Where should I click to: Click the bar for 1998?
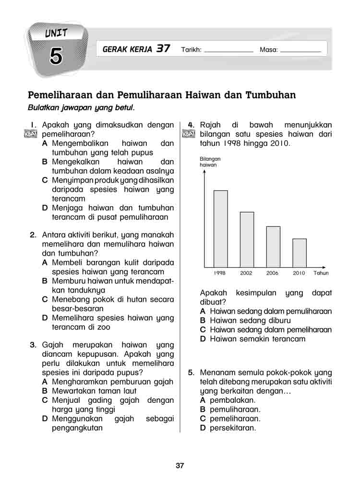(x=221, y=229)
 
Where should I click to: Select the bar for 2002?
(x=247, y=239)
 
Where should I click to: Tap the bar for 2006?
(x=273, y=246)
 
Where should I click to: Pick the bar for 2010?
(x=299, y=253)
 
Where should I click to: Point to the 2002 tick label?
(x=246, y=273)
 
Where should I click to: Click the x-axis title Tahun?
(x=321, y=273)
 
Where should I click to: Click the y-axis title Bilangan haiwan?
(x=209, y=162)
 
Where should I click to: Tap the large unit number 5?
(x=56, y=57)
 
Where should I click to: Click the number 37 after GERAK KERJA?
(x=163, y=49)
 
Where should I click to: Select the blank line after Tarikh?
(x=228, y=50)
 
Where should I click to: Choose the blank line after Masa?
(x=300, y=50)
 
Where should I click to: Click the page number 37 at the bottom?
(x=180, y=465)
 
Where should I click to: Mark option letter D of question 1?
(x=45, y=208)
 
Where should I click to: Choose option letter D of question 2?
(x=45, y=318)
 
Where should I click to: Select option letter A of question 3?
(x=45, y=382)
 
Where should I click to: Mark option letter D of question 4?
(x=203, y=339)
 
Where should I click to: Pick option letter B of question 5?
(x=203, y=410)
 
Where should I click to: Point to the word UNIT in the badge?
(x=57, y=34)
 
